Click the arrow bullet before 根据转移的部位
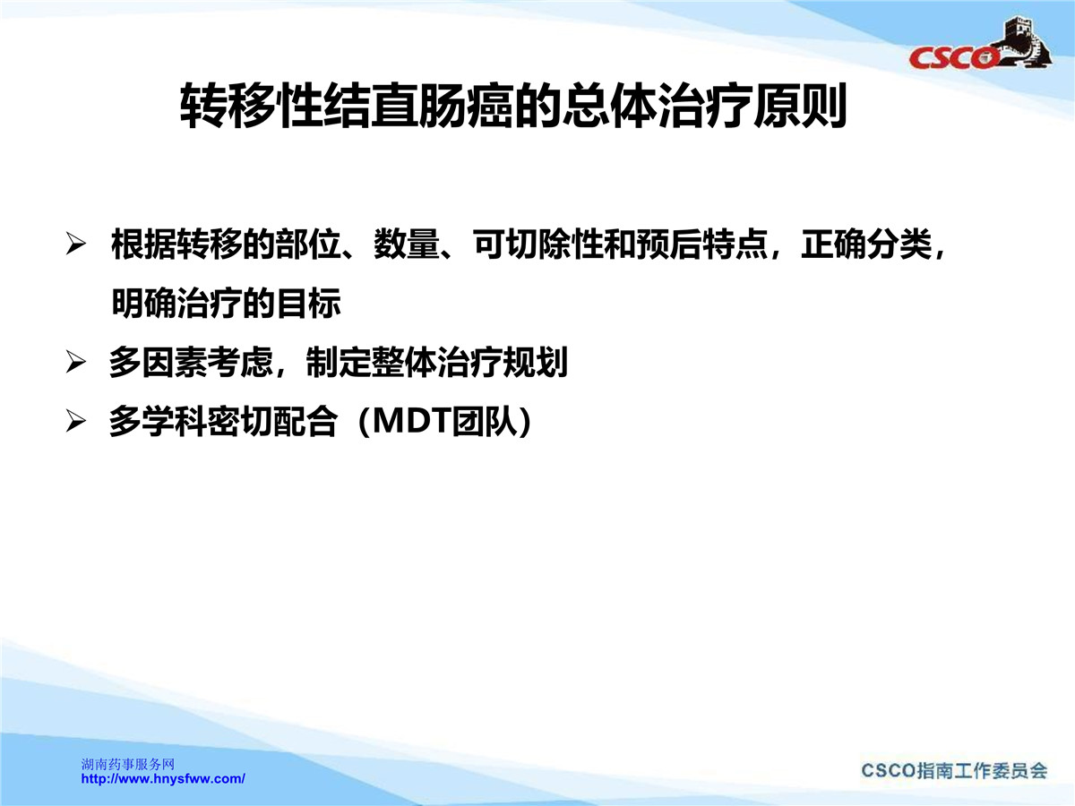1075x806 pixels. tap(76, 244)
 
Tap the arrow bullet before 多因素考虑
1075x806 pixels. tap(76, 363)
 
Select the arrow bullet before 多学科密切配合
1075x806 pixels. tap(76, 421)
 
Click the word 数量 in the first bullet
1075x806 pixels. tap(407, 244)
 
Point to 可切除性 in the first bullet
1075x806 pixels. tap(538, 244)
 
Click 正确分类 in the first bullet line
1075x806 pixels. tap(866, 244)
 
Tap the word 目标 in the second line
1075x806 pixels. tap(308, 304)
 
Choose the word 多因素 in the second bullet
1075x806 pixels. tap(158, 363)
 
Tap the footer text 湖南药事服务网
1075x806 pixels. tap(128, 765)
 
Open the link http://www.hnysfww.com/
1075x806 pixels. tap(163, 779)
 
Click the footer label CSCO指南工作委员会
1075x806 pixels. tap(954, 771)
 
